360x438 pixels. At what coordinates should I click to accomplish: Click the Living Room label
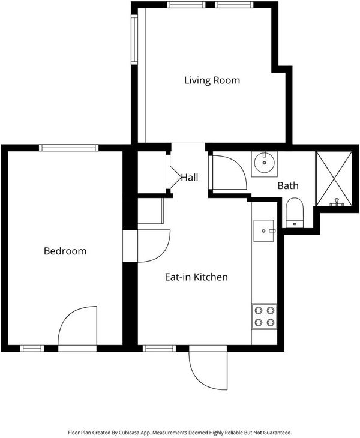[x=212, y=80]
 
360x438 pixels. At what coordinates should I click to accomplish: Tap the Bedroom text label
[x=65, y=251]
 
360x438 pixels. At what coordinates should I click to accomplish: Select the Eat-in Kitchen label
[x=196, y=277]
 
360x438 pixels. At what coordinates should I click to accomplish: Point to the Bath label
[x=288, y=185]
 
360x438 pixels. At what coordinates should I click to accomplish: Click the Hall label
[x=190, y=178]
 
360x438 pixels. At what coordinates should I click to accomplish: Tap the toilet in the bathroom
[x=295, y=212]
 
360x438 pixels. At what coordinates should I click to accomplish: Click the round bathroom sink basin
[x=264, y=162]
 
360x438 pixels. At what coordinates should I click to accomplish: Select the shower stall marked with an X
[x=334, y=178]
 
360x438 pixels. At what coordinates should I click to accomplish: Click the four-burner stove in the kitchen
[x=264, y=316]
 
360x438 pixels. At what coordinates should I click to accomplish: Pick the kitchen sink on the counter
[x=263, y=230]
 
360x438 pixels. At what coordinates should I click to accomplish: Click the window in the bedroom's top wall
[x=69, y=148]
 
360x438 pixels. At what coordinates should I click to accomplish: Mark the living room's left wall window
[x=134, y=40]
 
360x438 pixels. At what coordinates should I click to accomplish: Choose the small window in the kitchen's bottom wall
[x=160, y=349]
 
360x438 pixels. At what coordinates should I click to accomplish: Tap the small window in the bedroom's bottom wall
[x=32, y=349]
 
